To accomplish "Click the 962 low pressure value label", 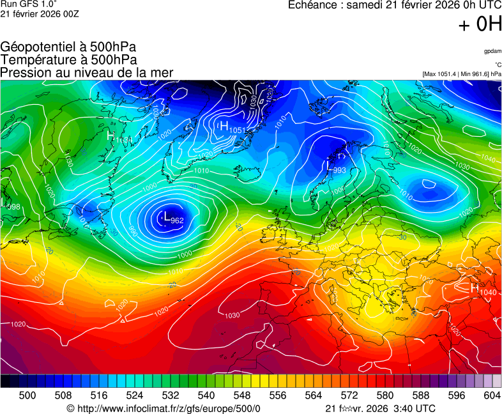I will pyautogui.click(x=178, y=220).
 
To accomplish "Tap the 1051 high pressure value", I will pyautogui.click(x=237, y=130).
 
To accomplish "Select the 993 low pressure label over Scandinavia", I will pyautogui.click(x=339, y=170).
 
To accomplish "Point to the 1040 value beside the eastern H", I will pyautogui.click(x=488, y=292).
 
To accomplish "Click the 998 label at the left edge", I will pyautogui.click(x=13, y=206).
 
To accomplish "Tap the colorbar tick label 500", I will pyautogui.click(x=27, y=395).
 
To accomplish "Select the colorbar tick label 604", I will pyautogui.click(x=492, y=395).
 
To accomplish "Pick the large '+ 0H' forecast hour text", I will pyautogui.click(x=480, y=24).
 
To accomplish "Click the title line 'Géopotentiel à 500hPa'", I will pyautogui.click(x=68, y=47).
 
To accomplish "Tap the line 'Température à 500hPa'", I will pyautogui.click(x=68, y=59).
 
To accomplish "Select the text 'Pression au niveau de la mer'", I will pyautogui.click(x=87, y=72).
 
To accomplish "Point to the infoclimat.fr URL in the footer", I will pyautogui.click(x=164, y=408).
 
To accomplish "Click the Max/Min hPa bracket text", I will pyautogui.click(x=462, y=74).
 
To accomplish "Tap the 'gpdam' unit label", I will pyautogui.click(x=492, y=50).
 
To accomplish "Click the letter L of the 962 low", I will pyautogui.click(x=167, y=218).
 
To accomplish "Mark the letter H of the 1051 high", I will pyautogui.click(x=224, y=126).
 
